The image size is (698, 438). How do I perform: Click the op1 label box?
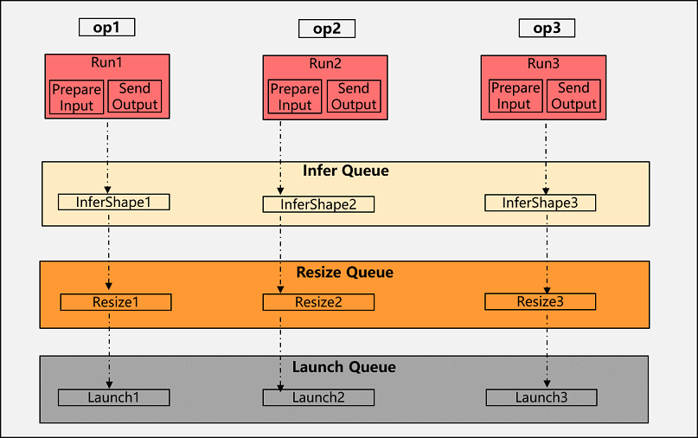(x=106, y=27)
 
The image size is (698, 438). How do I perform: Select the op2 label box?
(x=326, y=29)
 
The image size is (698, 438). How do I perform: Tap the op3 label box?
(x=547, y=28)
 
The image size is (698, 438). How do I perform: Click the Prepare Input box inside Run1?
(x=76, y=96)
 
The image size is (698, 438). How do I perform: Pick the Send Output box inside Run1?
(x=134, y=96)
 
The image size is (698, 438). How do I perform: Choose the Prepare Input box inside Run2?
(x=294, y=97)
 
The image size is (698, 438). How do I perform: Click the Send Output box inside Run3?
(x=573, y=96)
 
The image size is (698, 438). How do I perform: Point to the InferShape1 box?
(x=113, y=202)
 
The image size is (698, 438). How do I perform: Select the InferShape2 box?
(x=318, y=205)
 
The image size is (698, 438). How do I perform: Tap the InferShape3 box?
(x=540, y=203)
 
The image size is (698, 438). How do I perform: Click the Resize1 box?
(x=115, y=302)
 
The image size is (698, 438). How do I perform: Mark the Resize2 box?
(x=318, y=302)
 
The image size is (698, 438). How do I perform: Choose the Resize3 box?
(x=540, y=301)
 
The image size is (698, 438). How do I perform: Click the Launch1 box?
(x=113, y=397)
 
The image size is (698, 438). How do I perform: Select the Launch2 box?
(x=318, y=397)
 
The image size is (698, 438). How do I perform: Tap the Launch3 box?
(x=541, y=397)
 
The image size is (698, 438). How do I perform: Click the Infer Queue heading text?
(x=345, y=171)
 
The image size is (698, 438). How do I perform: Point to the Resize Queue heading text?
(x=345, y=272)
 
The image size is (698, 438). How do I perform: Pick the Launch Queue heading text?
(x=345, y=367)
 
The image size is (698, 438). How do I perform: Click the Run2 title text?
(x=325, y=64)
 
